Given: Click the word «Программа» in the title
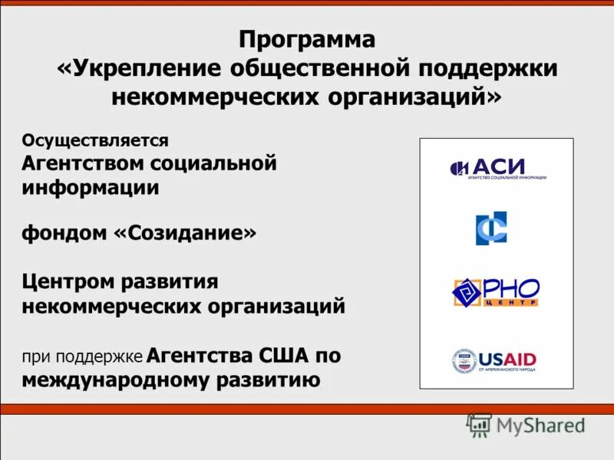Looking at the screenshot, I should tap(307, 39).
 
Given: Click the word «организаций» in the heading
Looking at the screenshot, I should tap(414, 97).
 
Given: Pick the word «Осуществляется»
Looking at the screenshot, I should tap(94, 140).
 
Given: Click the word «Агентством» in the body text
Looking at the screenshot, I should tap(83, 163).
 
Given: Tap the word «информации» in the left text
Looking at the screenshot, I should tap(90, 188).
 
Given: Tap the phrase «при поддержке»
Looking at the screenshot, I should tap(82, 357).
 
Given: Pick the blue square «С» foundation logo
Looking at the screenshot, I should tap(491, 228).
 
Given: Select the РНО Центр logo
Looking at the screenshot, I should tap(496, 292).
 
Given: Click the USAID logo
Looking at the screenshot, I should tap(494, 360).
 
